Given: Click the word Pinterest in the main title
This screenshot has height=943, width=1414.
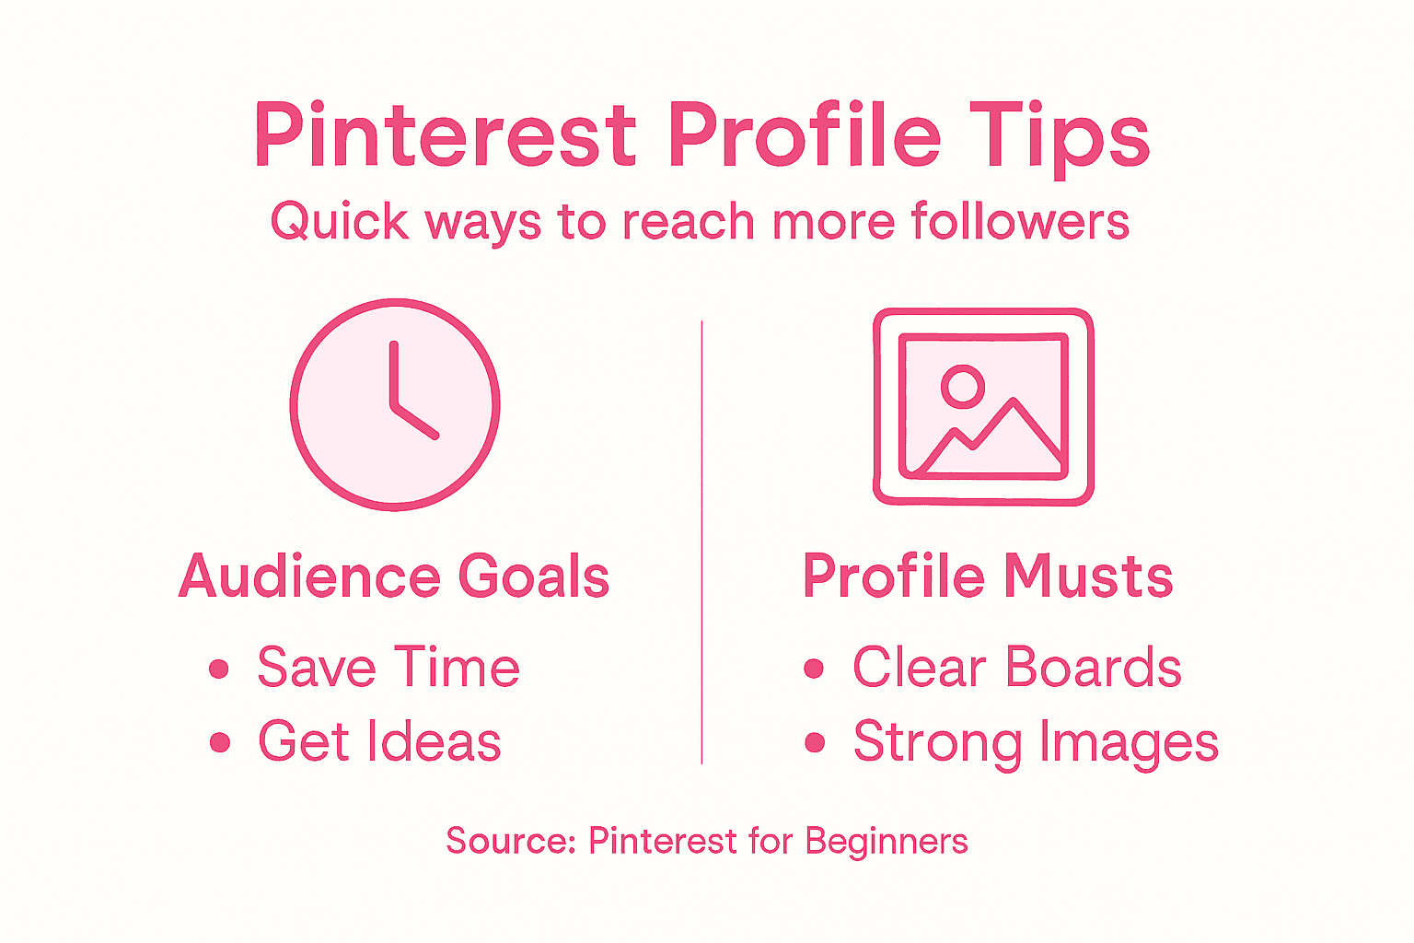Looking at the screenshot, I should tap(445, 135).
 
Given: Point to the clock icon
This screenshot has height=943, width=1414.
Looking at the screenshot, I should tap(395, 404).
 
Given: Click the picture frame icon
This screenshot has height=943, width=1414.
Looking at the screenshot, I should tap(983, 406).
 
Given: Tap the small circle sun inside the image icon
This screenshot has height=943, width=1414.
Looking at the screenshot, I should tap(963, 386).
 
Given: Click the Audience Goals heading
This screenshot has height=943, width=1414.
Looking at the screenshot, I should tap(394, 576).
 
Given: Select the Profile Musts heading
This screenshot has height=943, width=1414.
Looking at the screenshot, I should tap(988, 576).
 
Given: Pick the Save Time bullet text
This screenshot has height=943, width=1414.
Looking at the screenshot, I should tap(388, 667).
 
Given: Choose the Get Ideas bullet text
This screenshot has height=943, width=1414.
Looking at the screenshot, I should tap(379, 741).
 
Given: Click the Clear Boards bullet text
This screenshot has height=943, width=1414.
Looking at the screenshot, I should tap(1016, 667).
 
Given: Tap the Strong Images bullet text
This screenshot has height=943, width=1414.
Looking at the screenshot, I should tap(1036, 742).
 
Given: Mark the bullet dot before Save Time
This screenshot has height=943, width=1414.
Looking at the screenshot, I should tap(219, 669).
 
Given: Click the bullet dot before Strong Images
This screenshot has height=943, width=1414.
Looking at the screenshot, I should tap(815, 742).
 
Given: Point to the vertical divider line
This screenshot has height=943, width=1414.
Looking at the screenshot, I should tap(701, 543).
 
